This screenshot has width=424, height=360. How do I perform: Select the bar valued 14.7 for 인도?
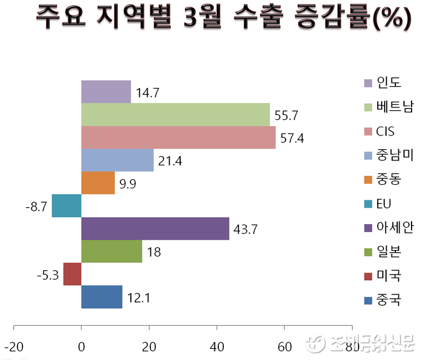point(106,92)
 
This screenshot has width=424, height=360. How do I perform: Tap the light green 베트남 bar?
point(175,115)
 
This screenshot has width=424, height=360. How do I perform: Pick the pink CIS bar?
point(178,137)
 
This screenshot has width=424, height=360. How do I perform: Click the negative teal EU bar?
point(67,206)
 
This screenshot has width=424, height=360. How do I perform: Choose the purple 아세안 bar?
point(155,228)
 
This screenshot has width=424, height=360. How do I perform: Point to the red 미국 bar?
point(72,274)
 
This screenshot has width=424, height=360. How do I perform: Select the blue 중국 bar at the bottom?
point(102,297)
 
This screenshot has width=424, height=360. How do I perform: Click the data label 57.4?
point(292,139)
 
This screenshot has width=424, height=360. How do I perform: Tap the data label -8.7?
point(36,207)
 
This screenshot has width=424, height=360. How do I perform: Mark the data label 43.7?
point(245,230)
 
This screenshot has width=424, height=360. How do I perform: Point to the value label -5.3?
point(48,275)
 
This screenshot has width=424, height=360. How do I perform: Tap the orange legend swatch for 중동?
point(368,180)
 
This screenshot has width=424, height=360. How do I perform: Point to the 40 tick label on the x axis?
point(217,346)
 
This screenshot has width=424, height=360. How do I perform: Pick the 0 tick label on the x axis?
point(81,346)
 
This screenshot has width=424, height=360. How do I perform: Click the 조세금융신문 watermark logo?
point(362,343)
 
